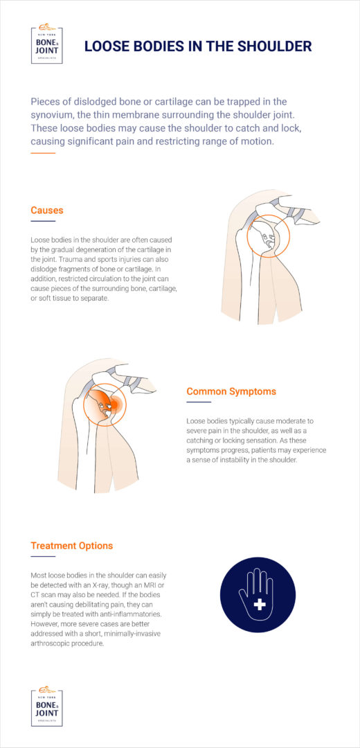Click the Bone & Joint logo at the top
[47, 45]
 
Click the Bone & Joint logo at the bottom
[47, 706]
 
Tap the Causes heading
[47, 210]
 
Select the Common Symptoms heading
[231, 391]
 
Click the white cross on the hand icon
[260, 605]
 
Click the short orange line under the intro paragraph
[43, 152]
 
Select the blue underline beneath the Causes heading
[43, 222]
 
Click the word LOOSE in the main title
[107, 46]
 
